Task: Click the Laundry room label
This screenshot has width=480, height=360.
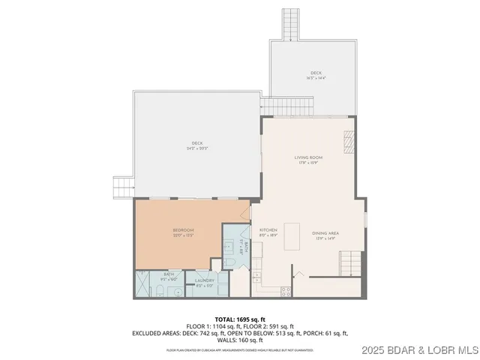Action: click(x=205, y=283)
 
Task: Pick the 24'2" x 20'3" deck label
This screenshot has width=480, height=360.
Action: click(x=196, y=145)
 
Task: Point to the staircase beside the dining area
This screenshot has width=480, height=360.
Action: click(x=349, y=262)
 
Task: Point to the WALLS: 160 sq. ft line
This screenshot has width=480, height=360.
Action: click(x=240, y=339)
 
